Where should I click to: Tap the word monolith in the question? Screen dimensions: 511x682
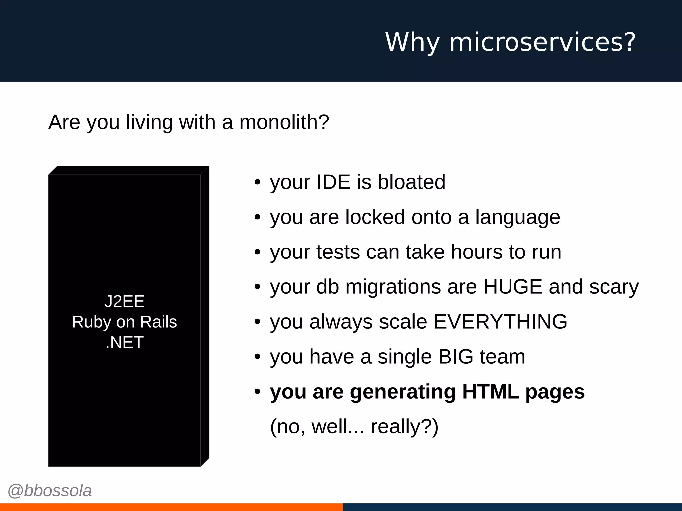point(284,122)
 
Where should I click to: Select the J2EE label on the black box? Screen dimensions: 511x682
point(124,301)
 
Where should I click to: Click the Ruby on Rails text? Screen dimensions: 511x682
point(124,322)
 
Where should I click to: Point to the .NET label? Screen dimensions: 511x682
point(124,342)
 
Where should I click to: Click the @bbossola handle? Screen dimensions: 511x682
point(50,491)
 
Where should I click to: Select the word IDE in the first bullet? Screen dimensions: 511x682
point(333,182)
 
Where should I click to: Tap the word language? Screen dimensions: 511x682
point(517,217)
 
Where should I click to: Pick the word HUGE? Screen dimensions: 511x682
point(512,287)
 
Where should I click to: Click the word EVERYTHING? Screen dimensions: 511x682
point(500,322)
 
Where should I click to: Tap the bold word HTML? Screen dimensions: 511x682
point(491,392)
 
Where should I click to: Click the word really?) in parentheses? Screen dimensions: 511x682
point(404,426)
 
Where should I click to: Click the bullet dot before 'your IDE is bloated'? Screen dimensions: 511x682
point(257,182)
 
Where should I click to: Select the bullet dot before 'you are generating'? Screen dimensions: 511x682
point(257,392)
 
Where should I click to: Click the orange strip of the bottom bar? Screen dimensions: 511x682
point(171,507)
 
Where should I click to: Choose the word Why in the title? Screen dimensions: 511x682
point(412,42)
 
